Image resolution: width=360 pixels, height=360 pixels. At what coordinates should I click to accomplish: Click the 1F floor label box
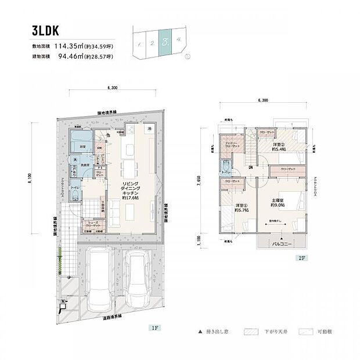coord(154,328)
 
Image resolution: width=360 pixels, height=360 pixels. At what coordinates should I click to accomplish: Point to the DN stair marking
coord(250,168)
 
